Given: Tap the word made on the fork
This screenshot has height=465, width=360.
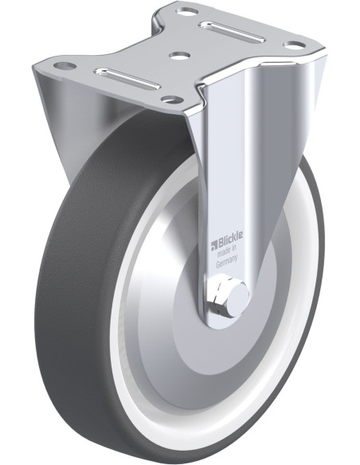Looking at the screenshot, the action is (x=221, y=256).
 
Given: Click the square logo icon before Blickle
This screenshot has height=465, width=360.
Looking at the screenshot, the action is (x=214, y=246).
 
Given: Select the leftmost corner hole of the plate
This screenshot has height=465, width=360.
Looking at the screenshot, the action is (x=65, y=65).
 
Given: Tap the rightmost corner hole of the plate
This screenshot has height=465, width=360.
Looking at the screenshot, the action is (x=295, y=45).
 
